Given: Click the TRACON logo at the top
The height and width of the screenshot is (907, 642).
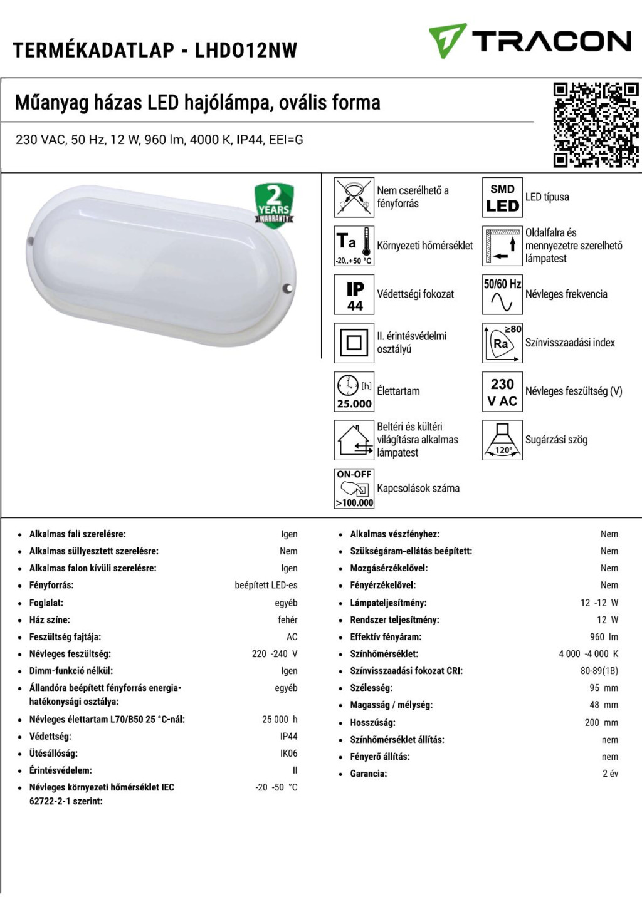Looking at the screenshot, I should point(530,41).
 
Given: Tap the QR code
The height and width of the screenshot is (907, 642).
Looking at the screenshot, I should point(596,125).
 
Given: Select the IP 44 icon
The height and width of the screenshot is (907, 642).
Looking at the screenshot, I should point(354,294).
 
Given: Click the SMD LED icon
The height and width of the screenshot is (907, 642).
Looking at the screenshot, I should point(502,197).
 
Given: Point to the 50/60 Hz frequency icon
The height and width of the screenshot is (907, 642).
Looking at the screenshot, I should point(502,294).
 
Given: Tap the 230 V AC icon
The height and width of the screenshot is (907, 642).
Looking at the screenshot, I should point(502,391).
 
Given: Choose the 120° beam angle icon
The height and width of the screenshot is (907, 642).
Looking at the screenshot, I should point(502,440).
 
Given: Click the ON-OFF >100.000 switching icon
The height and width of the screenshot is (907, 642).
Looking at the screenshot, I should point(354,489).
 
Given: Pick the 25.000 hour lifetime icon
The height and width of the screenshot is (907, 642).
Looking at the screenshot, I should point(354,391).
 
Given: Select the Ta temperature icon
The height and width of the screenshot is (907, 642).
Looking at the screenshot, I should point(354,246).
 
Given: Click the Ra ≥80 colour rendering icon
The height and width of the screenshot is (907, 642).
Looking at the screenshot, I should point(502,343).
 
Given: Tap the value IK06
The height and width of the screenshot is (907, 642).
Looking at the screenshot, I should point(288,754).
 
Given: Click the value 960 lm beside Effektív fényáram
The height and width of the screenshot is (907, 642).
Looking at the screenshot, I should point(604,637).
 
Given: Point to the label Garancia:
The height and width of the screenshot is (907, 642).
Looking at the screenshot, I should point(368,774).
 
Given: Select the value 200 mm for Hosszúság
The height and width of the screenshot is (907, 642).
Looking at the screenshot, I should point(601,723).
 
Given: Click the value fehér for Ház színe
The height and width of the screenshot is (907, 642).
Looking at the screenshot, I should point(288,620).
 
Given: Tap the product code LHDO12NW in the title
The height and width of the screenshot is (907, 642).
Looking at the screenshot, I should point(246,50).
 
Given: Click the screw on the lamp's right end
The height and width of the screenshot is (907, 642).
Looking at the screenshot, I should point(288,288).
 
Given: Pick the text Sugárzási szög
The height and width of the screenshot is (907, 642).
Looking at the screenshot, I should point(556,440).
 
